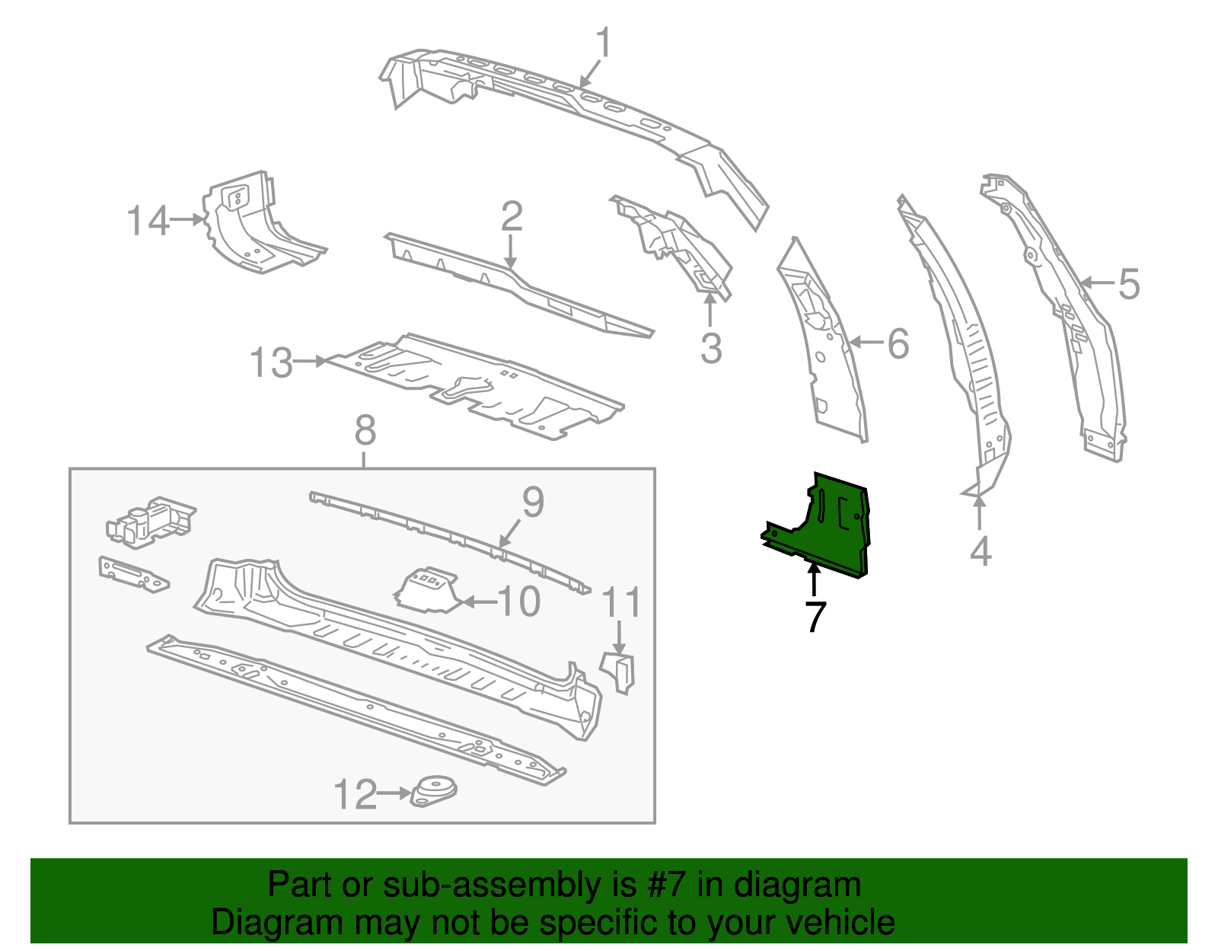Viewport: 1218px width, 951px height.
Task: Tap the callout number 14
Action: (x=147, y=221)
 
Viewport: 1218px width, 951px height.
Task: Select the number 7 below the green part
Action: (x=815, y=616)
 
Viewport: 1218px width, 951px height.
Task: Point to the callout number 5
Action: (x=1129, y=284)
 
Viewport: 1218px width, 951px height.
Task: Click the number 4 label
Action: (x=980, y=550)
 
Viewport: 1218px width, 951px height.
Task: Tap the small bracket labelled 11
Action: (x=619, y=671)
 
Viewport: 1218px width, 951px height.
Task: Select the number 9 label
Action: (x=533, y=503)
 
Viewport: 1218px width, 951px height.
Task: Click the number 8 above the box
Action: (x=365, y=431)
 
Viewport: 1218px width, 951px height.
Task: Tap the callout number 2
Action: (x=512, y=216)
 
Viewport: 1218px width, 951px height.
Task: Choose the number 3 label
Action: (x=710, y=349)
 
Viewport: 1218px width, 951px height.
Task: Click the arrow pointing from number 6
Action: (x=864, y=343)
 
